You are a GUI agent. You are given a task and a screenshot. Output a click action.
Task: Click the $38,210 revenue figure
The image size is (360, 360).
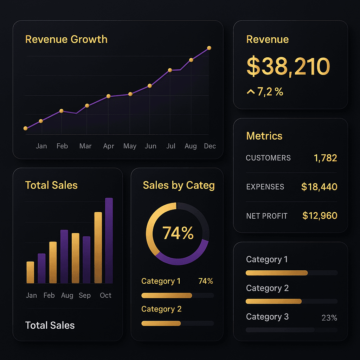(x=288, y=66)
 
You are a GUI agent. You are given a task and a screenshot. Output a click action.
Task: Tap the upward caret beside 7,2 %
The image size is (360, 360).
(x=251, y=92)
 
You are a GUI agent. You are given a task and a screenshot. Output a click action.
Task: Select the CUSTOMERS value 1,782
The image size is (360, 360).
(x=325, y=158)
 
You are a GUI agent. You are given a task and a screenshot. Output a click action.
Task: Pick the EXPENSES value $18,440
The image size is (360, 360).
(x=319, y=187)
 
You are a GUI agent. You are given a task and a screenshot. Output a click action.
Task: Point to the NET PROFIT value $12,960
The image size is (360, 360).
(x=320, y=216)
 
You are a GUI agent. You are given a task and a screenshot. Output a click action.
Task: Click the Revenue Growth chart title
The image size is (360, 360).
(x=66, y=39)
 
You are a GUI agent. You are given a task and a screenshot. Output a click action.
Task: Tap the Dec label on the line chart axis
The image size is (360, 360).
(x=210, y=146)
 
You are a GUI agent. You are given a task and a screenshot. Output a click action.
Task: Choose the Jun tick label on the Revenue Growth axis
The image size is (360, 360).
(x=150, y=146)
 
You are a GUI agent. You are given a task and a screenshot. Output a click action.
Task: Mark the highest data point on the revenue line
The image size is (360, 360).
(x=209, y=48)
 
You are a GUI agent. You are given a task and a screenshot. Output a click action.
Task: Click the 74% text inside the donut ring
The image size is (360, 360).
(x=178, y=233)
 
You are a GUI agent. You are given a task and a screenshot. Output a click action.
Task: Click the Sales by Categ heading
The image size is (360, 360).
(x=179, y=185)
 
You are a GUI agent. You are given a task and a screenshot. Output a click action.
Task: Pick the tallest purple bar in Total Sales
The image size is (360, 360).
(x=109, y=240)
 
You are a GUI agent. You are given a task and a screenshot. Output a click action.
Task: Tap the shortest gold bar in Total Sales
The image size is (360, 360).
(x=30, y=272)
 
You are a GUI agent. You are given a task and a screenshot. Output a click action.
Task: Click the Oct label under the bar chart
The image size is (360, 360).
(x=105, y=295)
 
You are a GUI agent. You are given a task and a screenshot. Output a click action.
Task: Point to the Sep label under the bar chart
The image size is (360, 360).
(x=85, y=295)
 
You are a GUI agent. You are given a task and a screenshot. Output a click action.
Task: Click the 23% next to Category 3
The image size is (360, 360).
(x=329, y=318)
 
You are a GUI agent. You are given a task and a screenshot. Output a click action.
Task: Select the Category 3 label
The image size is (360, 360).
(x=267, y=317)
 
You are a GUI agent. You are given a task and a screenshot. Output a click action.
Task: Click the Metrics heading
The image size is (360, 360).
(x=264, y=136)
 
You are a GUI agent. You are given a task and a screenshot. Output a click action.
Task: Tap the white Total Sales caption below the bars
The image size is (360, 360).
(x=50, y=326)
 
